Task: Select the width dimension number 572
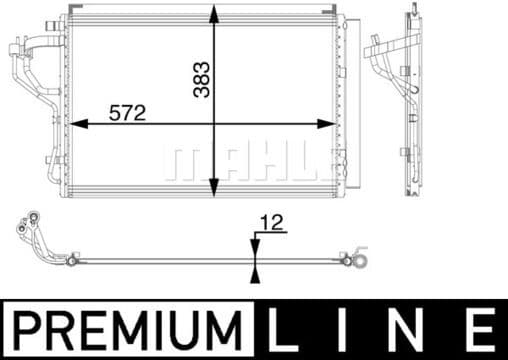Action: coord(126,114)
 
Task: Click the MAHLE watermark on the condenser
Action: coord(250,160)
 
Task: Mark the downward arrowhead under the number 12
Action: coord(255,250)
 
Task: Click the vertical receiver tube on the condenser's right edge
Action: coord(346,100)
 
